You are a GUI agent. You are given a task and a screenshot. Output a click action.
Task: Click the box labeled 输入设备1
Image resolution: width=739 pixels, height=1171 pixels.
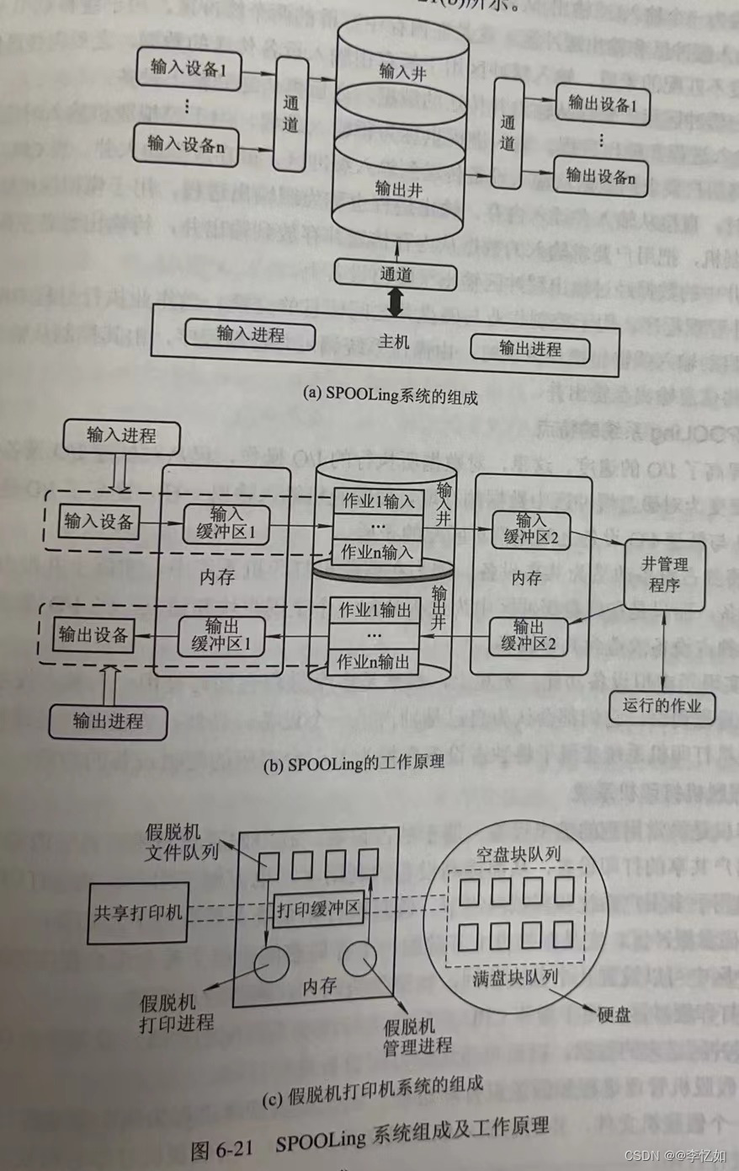click(x=188, y=69)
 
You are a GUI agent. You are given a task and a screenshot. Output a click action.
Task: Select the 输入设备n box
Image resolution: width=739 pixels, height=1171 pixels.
click(x=186, y=144)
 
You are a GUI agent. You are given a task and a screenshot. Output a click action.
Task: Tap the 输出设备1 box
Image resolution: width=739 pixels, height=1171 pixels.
click(x=601, y=104)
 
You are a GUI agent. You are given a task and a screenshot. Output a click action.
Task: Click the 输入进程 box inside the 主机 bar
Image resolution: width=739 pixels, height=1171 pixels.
click(x=250, y=334)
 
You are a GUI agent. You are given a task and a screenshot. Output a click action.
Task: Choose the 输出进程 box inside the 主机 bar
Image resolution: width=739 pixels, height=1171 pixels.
click(x=529, y=348)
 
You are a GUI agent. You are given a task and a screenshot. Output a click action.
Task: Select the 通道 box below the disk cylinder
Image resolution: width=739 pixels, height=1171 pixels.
click(x=396, y=273)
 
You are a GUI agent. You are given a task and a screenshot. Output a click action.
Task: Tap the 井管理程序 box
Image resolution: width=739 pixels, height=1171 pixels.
click(x=664, y=575)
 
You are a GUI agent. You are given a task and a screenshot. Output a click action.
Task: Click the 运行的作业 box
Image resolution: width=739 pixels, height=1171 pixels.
click(x=662, y=706)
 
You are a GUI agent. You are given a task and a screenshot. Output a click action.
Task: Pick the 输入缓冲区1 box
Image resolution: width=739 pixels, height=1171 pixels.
click(x=226, y=523)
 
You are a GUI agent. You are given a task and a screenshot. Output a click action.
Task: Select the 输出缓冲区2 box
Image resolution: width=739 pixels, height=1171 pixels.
click(x=529, y=635)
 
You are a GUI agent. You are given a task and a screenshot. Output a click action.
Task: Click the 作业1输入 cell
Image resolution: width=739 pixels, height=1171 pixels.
click(x=378, y=502)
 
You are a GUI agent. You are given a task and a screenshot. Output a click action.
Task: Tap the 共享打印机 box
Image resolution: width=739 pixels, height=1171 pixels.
click(x=138, y=912)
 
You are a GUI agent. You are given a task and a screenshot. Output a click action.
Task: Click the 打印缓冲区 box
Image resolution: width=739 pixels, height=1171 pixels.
click(x=319, y=909)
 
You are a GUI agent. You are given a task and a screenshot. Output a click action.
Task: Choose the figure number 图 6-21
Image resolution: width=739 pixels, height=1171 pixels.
click(x=222, y=1149)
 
